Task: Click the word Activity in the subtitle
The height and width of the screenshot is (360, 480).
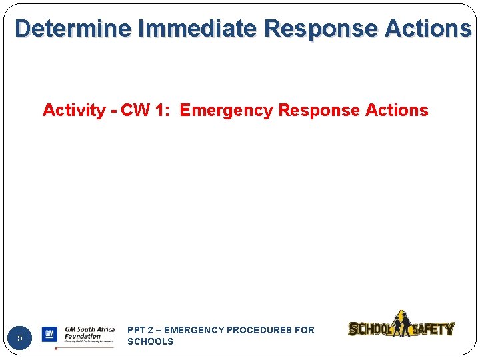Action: click(x=74, y=111)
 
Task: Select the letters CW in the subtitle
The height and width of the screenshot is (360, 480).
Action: click(x=136, y=111)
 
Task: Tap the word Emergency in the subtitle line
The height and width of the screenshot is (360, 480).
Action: click(x=226, y=111)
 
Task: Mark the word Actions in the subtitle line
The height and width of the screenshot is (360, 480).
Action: click(x=397, y=111)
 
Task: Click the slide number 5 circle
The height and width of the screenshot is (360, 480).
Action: click(x=20, y=338)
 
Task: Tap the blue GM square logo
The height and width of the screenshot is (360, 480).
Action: click(x=49, y=334)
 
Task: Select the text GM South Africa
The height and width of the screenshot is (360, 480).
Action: click(x=89, y=329)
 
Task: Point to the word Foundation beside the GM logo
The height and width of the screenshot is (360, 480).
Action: click(x=83, y=337)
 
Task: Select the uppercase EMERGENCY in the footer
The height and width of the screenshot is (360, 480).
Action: click(x=194, y=330)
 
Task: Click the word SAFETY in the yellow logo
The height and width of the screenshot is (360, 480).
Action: click(x=433, y=329)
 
